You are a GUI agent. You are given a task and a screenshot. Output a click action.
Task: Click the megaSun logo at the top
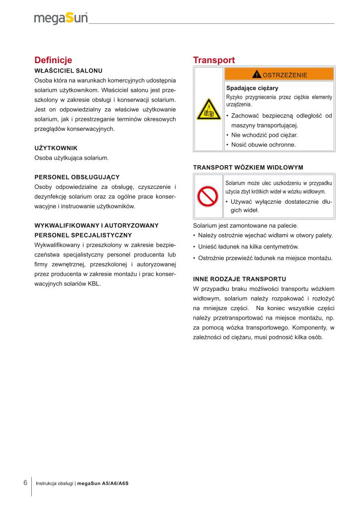pyautogui.click(x=61, y=18)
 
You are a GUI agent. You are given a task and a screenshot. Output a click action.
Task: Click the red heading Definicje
pyautogui.click(x=53, y=60)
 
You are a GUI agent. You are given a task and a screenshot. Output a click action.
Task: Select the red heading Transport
pyautogui.click(x=214, y=60)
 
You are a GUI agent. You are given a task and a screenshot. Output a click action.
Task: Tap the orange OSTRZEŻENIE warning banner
pyautogui.click(x=279, y=75)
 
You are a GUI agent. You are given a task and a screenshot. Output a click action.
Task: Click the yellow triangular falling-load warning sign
pyautogui.click(x=208, y=110)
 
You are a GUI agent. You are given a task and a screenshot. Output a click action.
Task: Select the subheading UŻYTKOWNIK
pyautogui.click(x=56, y=148)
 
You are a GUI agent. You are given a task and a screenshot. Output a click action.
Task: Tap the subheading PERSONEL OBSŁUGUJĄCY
pyautogui.click(x=77, y=177)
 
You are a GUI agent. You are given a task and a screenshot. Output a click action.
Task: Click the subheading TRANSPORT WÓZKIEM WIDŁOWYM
pyautogui.click(x=248, y=167)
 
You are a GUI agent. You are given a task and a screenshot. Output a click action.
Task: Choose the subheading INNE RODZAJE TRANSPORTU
pyautogui.click(x=239, y=278)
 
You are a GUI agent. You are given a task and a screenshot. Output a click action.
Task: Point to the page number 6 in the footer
pyautogui.click(x=25, y=483)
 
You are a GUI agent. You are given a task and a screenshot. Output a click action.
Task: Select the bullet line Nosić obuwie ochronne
pyautogui.click(x=263, y=145)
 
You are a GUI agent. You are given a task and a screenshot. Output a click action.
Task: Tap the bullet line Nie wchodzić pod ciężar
pyautogui.click(x=265, y=135)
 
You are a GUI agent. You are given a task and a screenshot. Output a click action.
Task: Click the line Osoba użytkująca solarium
pyautogui.click(x=72, y=158)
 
